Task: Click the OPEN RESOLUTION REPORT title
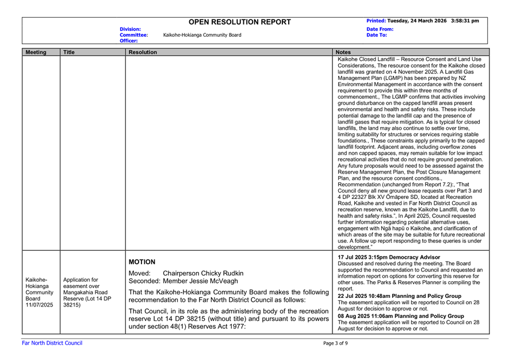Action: point(240,22)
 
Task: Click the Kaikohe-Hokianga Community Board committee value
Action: point(202,35)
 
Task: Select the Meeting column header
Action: point(36,52)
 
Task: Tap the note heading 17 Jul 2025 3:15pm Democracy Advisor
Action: point(391,256)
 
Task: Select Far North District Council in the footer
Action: point(52,343)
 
